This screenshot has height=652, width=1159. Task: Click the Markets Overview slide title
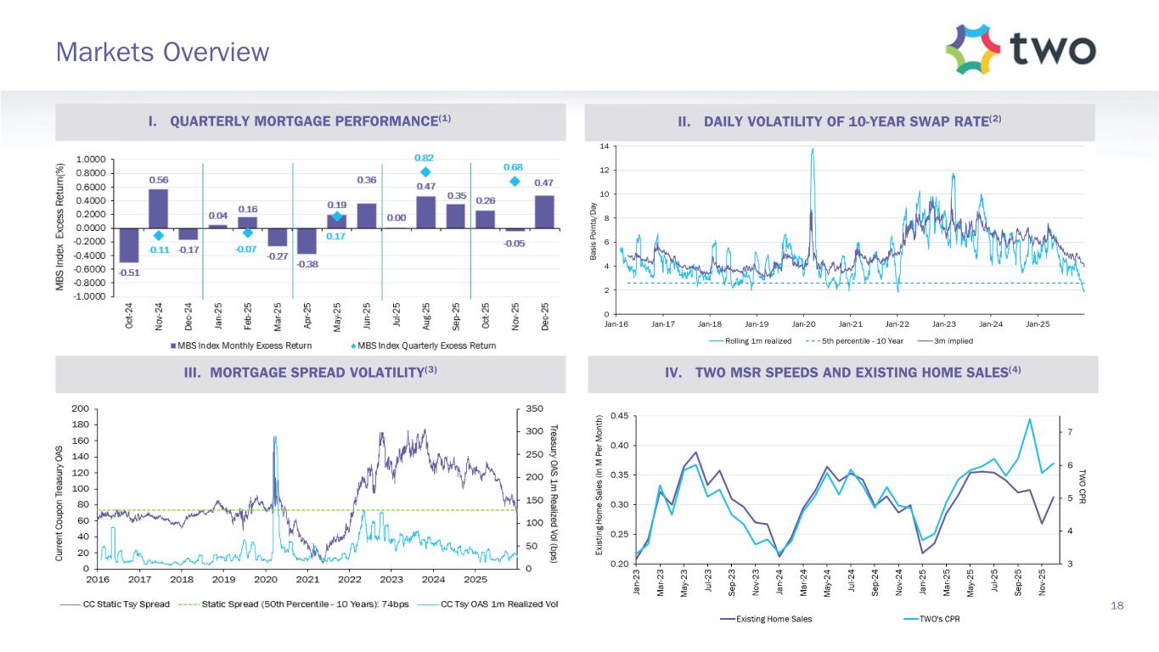162,53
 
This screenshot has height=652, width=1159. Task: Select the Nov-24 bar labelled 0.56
158,208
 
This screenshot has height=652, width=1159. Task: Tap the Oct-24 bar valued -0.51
129,244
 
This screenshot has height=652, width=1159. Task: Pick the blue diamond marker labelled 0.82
425,171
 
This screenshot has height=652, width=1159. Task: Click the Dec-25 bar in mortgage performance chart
543,211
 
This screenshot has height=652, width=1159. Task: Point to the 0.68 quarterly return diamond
514,181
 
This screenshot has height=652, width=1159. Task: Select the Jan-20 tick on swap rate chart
803,323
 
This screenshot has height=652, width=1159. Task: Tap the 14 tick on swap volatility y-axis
604,147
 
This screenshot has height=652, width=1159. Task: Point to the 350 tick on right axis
535,408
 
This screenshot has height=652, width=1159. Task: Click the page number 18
1117,605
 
